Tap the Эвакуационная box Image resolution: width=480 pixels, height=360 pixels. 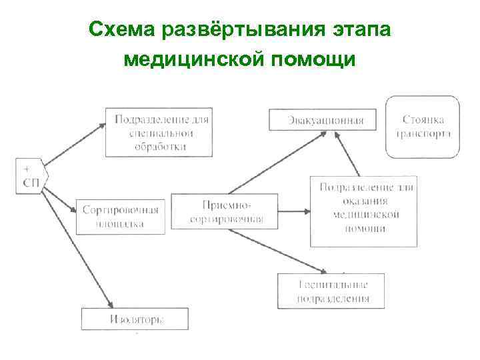(321, 120)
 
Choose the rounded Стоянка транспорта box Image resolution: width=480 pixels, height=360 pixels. (423, 127)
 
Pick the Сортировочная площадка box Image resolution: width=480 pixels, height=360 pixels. (120, 216)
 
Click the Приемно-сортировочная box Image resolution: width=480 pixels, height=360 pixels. (226, 212)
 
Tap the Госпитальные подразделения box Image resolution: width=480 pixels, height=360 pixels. (333, 291)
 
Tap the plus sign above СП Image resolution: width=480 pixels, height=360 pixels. (26, 168)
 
